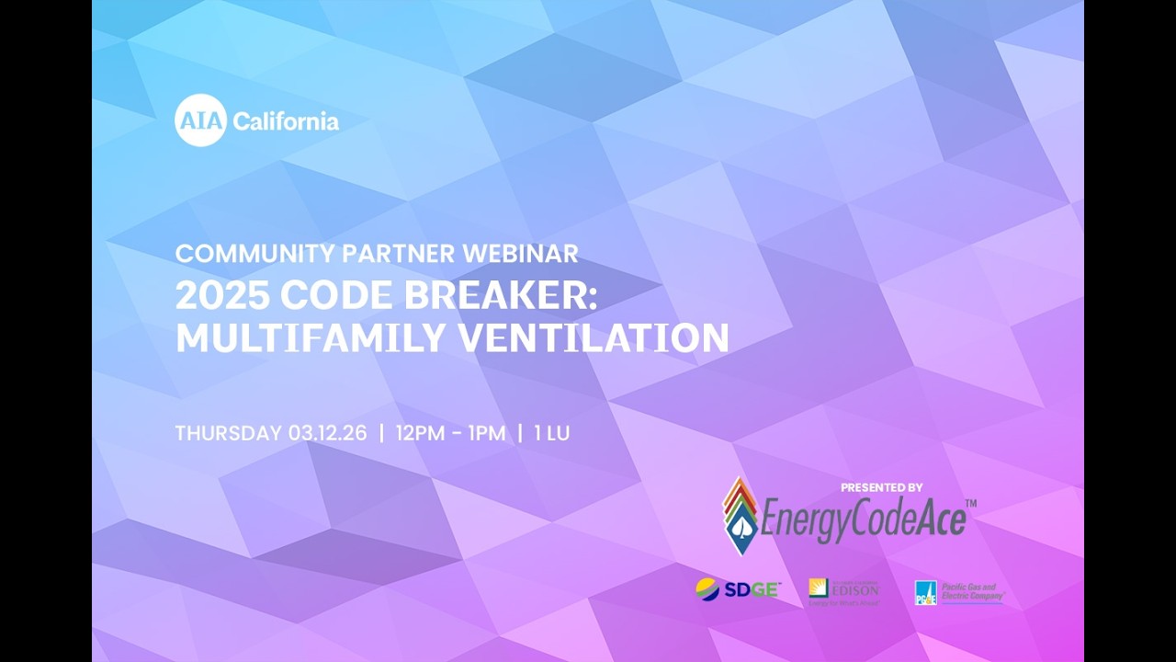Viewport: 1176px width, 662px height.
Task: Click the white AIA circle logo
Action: (x=200, y=120)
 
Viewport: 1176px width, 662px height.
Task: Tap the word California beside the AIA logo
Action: (x=286, y=121)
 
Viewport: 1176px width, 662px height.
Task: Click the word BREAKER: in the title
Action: (x=499, y=296)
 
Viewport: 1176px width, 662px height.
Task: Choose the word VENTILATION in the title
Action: (x=594, y=338)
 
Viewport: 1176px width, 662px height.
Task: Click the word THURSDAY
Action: (x=228, y=433)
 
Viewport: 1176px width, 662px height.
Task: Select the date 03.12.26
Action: (x=327, y=433)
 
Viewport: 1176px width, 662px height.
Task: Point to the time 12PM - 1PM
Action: (x=450, y=433)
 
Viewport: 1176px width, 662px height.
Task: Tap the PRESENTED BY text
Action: (x=881, y=487)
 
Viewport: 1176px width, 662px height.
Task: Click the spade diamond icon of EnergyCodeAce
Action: (x=740, y=516)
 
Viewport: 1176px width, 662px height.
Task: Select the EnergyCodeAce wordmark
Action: (x=864, y=519)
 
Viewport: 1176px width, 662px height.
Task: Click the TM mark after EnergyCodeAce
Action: (x=971, y=504)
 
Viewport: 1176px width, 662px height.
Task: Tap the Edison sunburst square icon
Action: (x=818, y=588)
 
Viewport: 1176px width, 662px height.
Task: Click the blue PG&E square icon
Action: (x=925, y=593)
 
